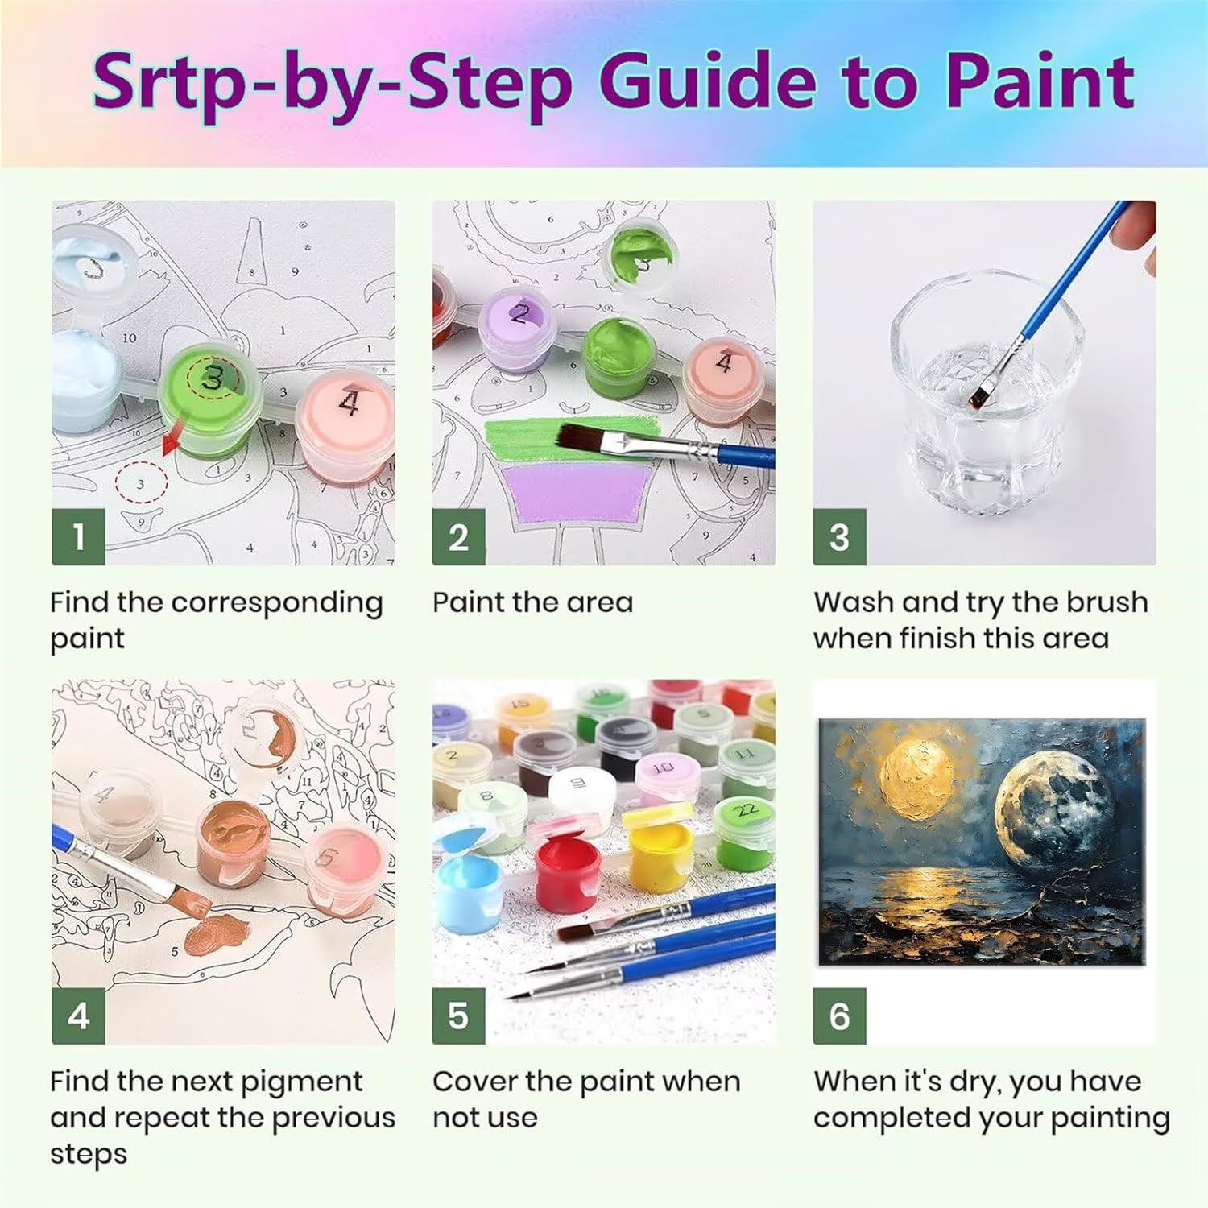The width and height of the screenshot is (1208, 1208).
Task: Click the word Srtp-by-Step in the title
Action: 333,83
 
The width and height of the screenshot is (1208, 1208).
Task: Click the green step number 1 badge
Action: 78,537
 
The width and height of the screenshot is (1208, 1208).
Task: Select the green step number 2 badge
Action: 458,537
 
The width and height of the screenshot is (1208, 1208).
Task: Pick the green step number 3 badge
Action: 839,537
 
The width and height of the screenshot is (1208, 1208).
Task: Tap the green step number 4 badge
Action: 78,1016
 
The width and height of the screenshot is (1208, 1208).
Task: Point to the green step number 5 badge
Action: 458,1016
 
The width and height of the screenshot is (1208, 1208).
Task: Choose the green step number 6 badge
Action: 839,1016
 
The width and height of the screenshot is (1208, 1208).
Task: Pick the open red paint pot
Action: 568,869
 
